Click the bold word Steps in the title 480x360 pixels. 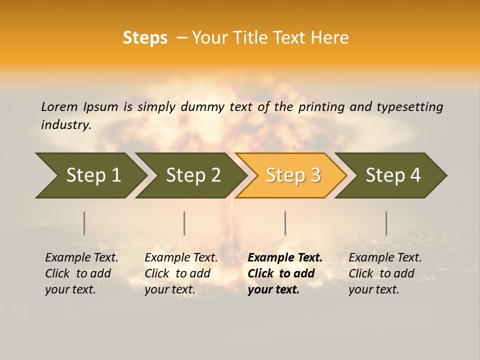tap(145, 38)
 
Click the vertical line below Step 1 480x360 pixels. tap(84, 223)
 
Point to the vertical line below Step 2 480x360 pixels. tap(184, 223)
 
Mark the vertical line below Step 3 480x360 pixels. tap(285, 223)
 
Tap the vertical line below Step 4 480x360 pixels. tap(386, 223)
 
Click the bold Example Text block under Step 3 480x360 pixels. tap(285, 273)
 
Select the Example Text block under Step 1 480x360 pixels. tap(81, 273)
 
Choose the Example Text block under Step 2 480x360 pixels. tap(181, 273)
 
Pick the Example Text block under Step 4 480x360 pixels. tap(385, 273)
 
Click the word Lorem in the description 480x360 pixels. tap(59, 106)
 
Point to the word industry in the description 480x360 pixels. tap(66, 124)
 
